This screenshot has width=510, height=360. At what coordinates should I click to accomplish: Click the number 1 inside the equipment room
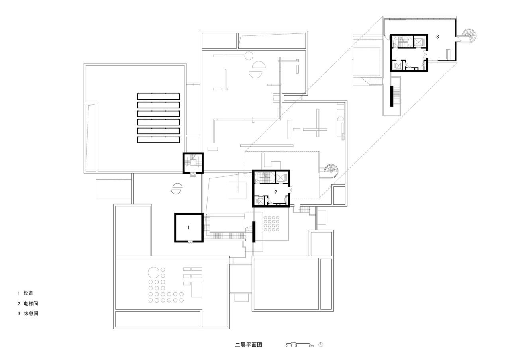tap(189, 228)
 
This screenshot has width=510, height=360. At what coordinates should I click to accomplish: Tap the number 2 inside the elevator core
tap(275, 192)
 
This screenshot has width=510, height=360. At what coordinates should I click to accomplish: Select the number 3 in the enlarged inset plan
tap(437, 37)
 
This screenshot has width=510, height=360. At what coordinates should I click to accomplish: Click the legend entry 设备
tap(28, 293)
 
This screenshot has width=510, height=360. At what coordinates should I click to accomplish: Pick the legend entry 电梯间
tap(31, 303)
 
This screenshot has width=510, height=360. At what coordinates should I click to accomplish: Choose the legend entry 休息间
tap(31, 313)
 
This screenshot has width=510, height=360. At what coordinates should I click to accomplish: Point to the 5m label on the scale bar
tap(311, 346)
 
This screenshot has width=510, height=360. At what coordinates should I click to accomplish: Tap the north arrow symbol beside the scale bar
tap(321, 345)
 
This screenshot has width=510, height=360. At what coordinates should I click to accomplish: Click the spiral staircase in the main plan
tap(330, 171)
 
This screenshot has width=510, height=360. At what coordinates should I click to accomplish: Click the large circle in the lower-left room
tap(153, 273)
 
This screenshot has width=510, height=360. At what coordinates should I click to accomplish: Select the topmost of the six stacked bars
tap(159, 96)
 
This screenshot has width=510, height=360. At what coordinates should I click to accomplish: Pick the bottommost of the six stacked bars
tap(159, 140)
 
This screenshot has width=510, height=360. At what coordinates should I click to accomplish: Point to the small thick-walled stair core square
tap(193, 162)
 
